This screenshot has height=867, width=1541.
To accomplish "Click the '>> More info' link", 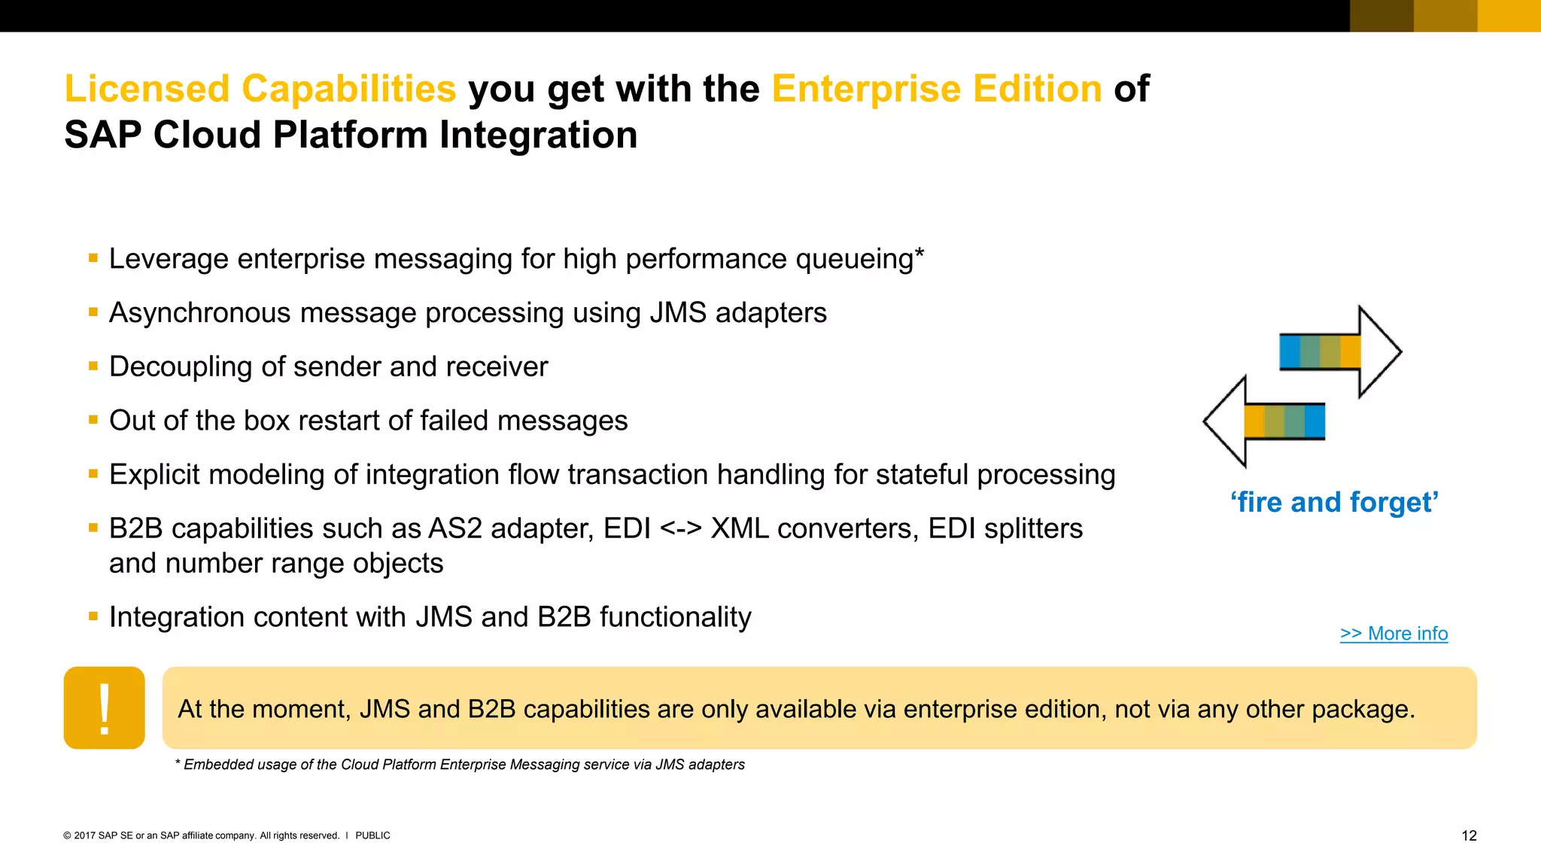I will coord(1394,634).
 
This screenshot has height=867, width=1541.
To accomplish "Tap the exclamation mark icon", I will coord(105,707).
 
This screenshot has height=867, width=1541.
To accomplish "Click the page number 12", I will coord(1469,835).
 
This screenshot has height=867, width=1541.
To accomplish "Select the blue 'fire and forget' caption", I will coord(1334,502).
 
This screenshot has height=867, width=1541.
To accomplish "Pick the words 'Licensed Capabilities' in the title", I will coord(260,89).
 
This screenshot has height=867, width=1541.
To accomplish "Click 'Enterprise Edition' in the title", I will coord(937,89).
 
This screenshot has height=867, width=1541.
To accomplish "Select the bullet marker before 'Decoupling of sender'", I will coord(93,367).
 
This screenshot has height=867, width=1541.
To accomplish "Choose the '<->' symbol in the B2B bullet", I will coord(680,529).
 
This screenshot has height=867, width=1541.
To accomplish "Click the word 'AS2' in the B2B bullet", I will coord(454,529).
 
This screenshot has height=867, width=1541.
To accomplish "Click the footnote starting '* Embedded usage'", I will coord(460,765).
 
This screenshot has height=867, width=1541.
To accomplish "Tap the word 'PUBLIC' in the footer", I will coord(372,835).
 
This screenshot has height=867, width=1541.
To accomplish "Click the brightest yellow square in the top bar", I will coord(1509,16).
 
